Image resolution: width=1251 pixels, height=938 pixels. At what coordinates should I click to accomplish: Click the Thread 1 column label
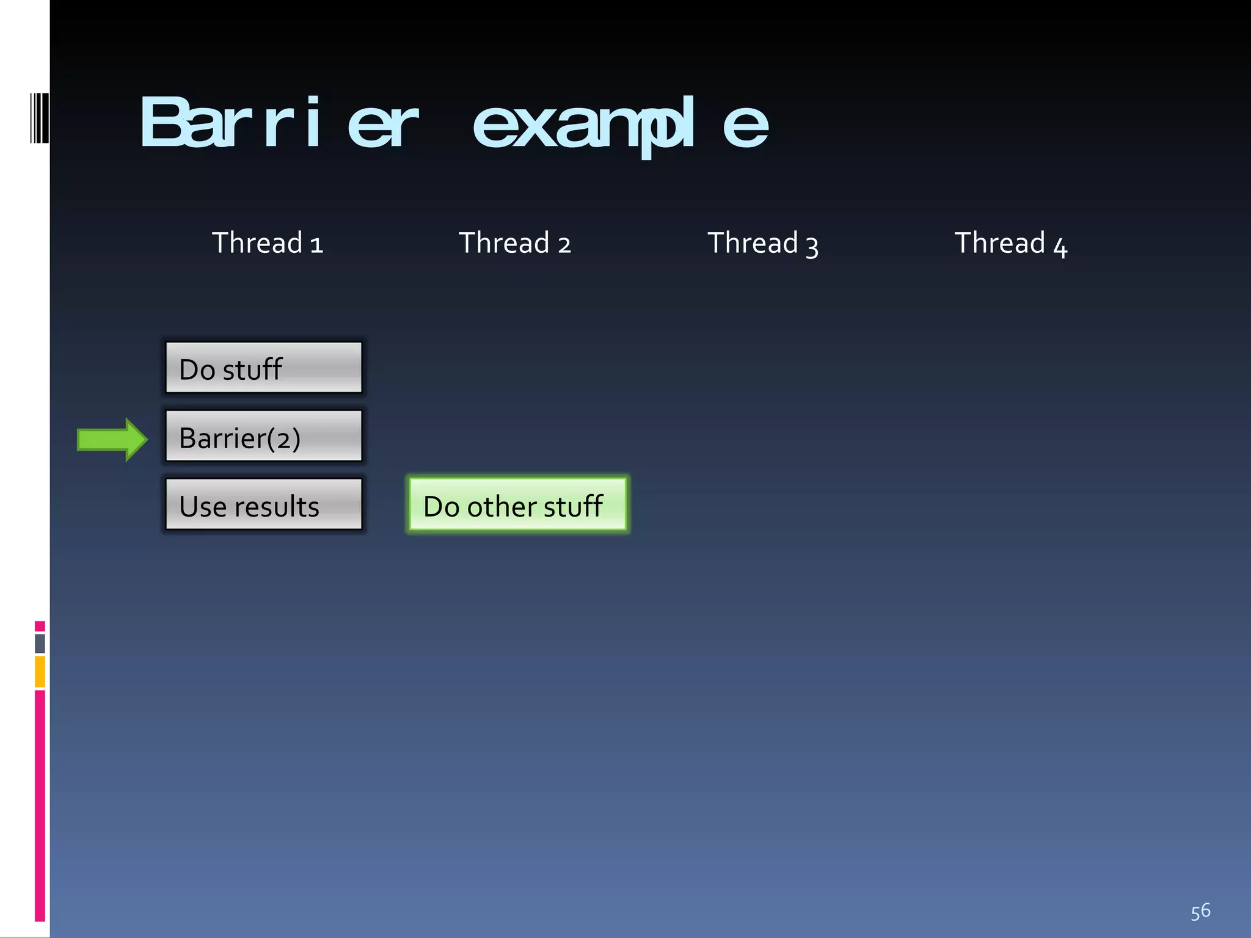pyautogui.click(x=267, y=243)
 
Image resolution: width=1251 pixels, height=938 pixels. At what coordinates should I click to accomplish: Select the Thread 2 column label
pyautogui.click(x=515, y=243)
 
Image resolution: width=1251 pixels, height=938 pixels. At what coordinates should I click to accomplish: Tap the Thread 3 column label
pyautogui.click(x=763, y=244)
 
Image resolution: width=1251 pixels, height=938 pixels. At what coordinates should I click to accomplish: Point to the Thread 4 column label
pyautogui.click(x=1011, y=244)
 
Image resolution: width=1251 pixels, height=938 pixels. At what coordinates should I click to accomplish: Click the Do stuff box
pyautogui.click(x=264, y=368)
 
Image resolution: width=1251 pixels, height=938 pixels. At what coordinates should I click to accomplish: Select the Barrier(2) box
pyautogui.click(x=264, y=436)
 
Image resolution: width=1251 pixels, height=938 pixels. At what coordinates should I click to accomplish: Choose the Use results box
pyautogui.click(x=264, y=504)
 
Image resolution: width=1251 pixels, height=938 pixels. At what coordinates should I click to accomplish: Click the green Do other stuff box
pyautogui.click(x=517, y=505)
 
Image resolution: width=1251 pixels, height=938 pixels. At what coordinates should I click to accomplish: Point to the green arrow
pyautogui.click(x=112, y=439)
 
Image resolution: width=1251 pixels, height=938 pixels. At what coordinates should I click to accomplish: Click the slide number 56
pyautogui.click(x=1200, y=911)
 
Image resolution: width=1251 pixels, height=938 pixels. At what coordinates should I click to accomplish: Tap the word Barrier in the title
pyautogui.click(x=279, y=122)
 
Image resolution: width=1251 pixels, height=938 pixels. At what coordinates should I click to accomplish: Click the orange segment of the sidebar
pyautogui.click(x=40, y=671)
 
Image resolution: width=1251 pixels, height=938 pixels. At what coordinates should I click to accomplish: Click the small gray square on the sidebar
pyautogui.click(x=40, y=643)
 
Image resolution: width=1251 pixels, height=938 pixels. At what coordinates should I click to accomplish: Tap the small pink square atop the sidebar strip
pyautogui.click(x=40, y=626)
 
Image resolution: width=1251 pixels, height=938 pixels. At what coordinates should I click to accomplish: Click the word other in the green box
pyautogui.click(x=501, y=506)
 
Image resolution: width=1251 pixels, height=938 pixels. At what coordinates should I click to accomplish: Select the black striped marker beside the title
pyautogui.click(x=40, y=118)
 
